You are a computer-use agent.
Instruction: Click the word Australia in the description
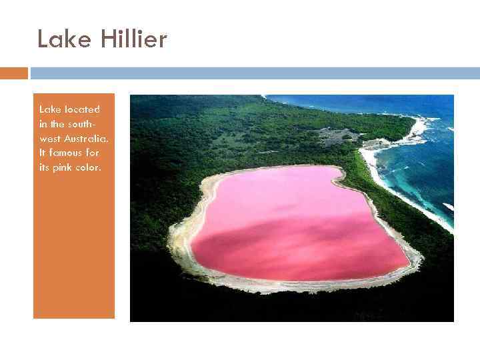coord(87,138)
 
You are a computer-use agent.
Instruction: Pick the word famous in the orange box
coord(68,153)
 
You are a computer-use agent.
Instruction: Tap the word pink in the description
coord(64,167)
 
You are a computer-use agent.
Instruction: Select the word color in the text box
coord(89,167)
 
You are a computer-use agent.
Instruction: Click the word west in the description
coord(49,138)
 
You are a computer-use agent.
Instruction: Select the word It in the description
coord(43,153)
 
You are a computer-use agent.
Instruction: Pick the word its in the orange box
coord(45,167)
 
